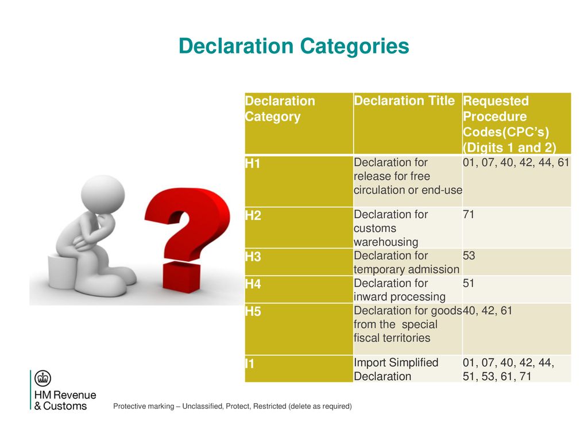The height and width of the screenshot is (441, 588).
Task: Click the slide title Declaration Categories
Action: (x=293, y=47)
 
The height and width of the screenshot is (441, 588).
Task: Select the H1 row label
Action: (x=253, y=164)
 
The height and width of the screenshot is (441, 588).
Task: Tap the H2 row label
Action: (x=253, y=216)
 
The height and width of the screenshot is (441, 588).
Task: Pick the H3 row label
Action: (x=253, y=257)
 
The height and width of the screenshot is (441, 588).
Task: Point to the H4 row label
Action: (x=253, y=284)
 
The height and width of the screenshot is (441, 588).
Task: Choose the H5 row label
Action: (x=253, y=312)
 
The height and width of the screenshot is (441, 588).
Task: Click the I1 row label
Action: (x=249, y=363)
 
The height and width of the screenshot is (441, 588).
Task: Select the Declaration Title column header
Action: (x=404, y=100)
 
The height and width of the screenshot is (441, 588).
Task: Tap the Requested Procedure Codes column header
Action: (x=509, y=124)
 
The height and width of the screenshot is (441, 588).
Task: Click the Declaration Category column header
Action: (x=280, y=109)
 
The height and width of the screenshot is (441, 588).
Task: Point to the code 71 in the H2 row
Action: (x=469, y=215)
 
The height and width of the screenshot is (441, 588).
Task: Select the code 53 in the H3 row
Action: (x=469, y=256)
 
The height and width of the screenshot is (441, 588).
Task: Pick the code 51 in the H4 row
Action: (x=469, y=283)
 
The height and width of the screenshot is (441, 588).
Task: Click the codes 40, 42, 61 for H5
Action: (x=488, y=311)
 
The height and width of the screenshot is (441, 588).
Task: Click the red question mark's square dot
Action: (x=182, y=276)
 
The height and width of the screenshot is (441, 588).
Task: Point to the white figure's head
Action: (x=103, y=194)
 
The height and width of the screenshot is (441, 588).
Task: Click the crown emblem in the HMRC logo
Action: (x=42, y=378)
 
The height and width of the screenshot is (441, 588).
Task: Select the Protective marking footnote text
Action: (x=233, y=406)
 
